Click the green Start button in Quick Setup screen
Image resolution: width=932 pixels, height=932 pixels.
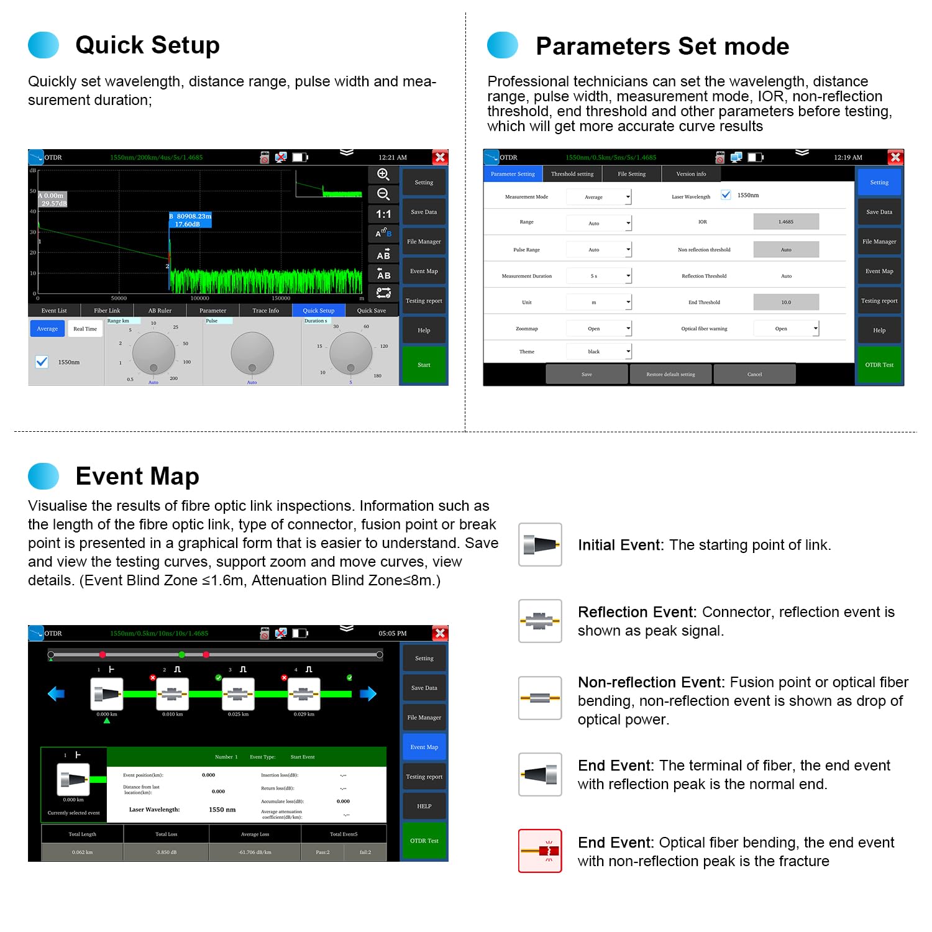tap(424, 365)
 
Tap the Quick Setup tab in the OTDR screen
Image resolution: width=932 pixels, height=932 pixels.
tap(318, 311)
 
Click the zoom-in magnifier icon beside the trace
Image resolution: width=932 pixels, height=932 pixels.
tap(383, 175)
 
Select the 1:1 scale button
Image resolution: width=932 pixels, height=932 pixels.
tap(383, 214)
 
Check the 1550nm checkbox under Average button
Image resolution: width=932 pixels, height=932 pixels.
tap(42, 362)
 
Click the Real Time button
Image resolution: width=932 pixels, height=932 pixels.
tap(85, 329)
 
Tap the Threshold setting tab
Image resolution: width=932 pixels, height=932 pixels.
tap(572, 174)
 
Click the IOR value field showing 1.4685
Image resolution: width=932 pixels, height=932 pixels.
tap(785, 222)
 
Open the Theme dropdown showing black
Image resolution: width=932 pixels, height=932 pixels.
tap(599, 352)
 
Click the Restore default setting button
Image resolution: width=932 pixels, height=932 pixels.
tap(670, 374)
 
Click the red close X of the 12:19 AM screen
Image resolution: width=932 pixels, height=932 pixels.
tap(895, 157)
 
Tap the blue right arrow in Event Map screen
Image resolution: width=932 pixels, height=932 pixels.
tap(368, 693)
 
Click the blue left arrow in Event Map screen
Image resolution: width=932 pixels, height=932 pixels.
tap(56, 693)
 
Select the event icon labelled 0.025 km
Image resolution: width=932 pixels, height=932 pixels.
tap(238, 694)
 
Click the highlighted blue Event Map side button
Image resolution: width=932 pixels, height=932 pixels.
tap(424, 747)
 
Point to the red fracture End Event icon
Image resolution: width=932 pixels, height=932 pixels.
tap(540, 851)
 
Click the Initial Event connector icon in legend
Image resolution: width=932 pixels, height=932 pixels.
tap(540, 545)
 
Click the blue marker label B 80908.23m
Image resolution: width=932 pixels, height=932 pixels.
tap(190, 220)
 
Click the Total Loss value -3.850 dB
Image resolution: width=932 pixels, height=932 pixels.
tap(166, 852)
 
